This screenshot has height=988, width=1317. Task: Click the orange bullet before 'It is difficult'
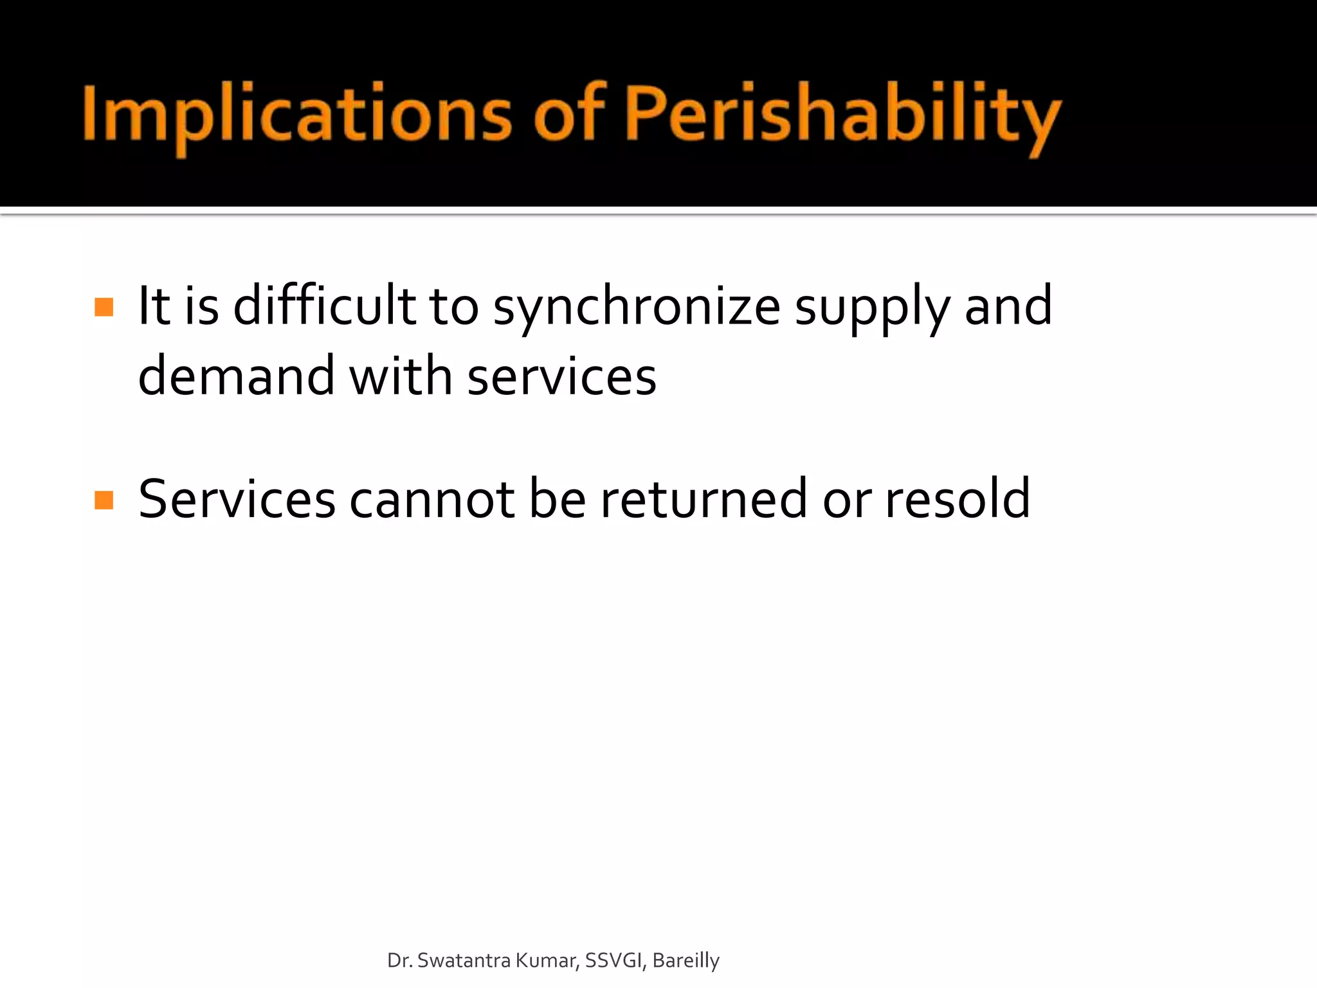pos(104,307)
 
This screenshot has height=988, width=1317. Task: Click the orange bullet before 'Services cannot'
pos(104,500)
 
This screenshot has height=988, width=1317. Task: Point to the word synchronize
pos(637,307)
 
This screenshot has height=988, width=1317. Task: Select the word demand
pos(236,376)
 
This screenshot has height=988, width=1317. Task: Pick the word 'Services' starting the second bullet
pos(237,500)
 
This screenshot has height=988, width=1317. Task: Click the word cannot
pos(431,500)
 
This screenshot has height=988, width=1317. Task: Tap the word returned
pos(704,500)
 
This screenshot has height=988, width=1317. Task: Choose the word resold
pos(958,500)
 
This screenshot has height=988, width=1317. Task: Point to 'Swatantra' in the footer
pos(464,960)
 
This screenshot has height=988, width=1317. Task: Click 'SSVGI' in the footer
pos(613,960)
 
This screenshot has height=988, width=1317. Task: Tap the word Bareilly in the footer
pos(686,960)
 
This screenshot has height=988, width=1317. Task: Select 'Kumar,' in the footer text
pos(548,960)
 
